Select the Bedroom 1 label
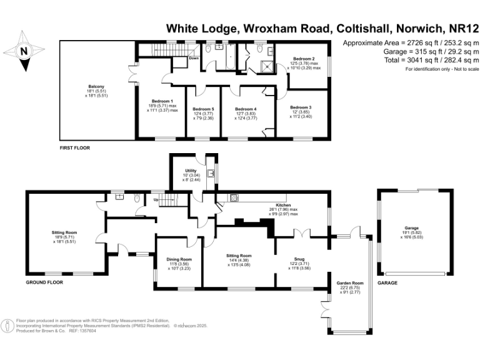162,101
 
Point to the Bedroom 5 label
203,109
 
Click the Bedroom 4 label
246,109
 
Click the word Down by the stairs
194,58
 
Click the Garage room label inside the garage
411,227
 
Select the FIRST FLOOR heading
74,148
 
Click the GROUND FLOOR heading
47,283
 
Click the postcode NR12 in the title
457,28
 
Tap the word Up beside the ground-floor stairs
156,200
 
